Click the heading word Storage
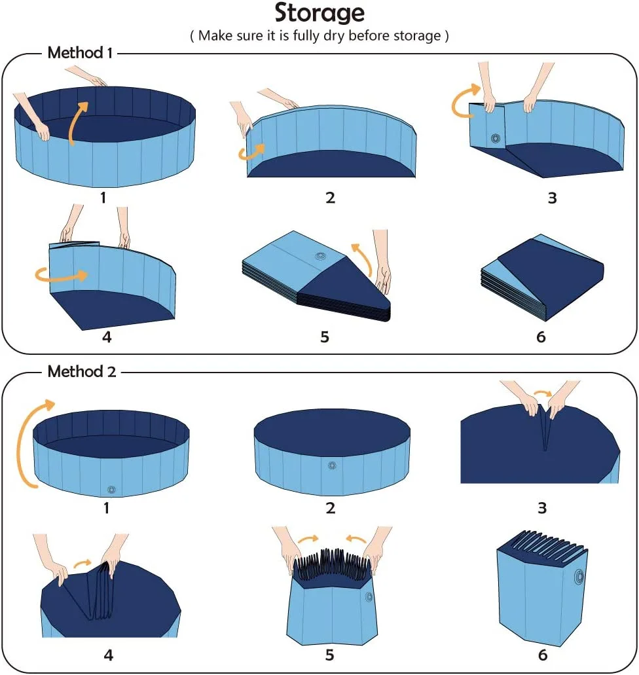(319, 13)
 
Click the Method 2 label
(81, 372)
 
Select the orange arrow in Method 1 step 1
(78, 120)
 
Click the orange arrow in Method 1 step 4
(60, 276)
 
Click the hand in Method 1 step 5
(382, 268)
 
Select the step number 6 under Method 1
(541, 337)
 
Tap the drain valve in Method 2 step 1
(111, 489)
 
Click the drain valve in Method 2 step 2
(332, 466)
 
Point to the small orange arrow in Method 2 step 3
(541, 393)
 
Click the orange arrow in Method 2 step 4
(82, 562)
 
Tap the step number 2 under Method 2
(330, 507)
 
